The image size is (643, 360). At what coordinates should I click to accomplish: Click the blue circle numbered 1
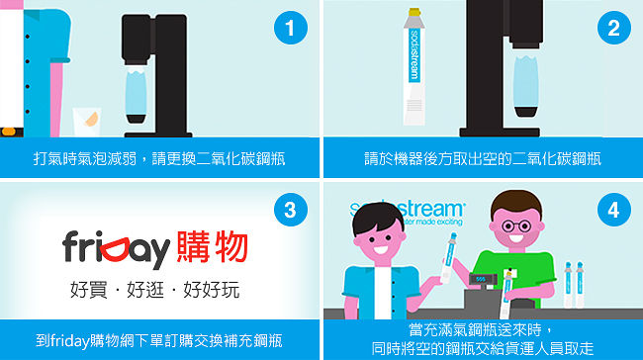(x=290, y=28)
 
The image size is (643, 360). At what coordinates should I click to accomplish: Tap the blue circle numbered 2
(x=614, y=28)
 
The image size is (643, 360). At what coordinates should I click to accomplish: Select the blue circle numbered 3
(x=290, y=210)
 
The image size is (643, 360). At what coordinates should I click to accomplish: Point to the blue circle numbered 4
(x=614, y=210)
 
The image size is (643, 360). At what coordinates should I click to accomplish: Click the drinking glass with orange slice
(x=87, y=122)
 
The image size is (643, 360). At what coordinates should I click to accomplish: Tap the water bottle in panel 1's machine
(x=136, y=95)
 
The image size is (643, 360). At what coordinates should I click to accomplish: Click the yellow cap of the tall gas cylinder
(x=414, y=12)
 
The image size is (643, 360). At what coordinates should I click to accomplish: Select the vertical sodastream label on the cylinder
(x=414, y=55)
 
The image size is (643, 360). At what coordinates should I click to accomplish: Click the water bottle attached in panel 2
(x=525, y=86)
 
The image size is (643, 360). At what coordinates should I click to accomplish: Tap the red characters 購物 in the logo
(x=212, y=246)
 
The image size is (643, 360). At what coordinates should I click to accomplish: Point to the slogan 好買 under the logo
(x=89, y=290)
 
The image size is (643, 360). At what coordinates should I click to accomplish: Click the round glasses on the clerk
(x=516, y=225)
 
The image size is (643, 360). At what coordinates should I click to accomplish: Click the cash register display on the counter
(x=481, y=279)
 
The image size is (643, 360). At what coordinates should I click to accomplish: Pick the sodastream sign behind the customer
(x=408, y=213)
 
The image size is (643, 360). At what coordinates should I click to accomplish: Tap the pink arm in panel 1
(x=56, y=98)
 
